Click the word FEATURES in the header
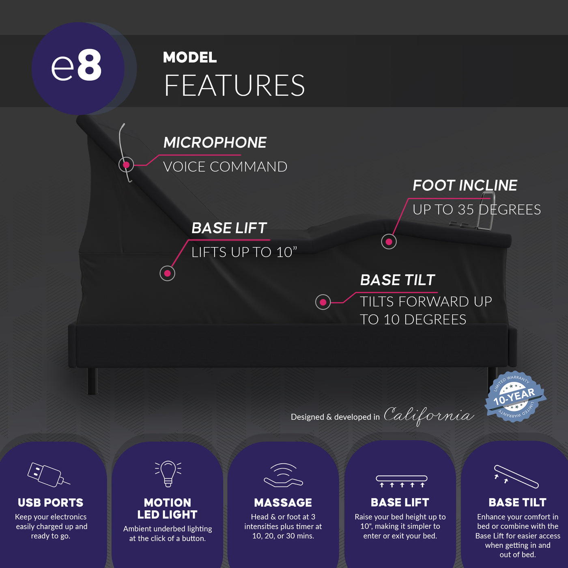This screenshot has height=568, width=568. pos(235,86)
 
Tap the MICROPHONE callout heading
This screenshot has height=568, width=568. pos(215,143)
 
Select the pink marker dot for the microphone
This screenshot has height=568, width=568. pos(126,165)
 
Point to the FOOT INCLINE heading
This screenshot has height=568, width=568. pos(465,185)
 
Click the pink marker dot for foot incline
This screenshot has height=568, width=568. pos(389,242)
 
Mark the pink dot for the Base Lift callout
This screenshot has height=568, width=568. pos(167,273)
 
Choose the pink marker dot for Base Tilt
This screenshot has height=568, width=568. pos(323,302)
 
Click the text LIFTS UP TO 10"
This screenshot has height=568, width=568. pos(244,252)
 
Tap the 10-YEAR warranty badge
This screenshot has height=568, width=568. pos(515,397)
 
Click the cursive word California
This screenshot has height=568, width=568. pos(428,415)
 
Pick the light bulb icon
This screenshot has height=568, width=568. pos(168,473)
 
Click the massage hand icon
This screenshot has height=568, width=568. pos(283,475)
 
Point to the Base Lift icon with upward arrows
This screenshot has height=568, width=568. pos(401,481)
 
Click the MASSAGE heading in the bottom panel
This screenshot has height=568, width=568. pos(283,503)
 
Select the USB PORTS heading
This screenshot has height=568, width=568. pos(51,503)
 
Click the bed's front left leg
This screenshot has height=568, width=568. pos(93,381)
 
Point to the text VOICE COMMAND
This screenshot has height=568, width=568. pos(225,167)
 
